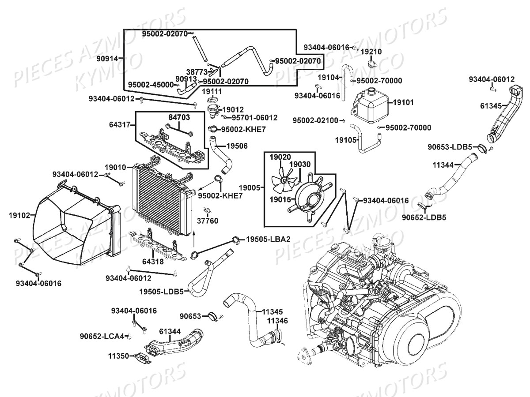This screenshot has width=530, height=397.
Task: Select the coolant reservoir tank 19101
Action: click(370, 106)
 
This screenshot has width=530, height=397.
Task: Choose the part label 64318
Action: click(153, 262)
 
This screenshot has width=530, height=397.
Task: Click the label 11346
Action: click(277, 321)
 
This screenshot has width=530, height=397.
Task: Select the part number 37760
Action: click(208, 221)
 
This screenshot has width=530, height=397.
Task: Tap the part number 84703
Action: click(178, 117)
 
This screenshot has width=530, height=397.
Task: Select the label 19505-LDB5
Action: click(161, 292)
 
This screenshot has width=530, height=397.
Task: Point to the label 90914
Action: click(107, 58)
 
